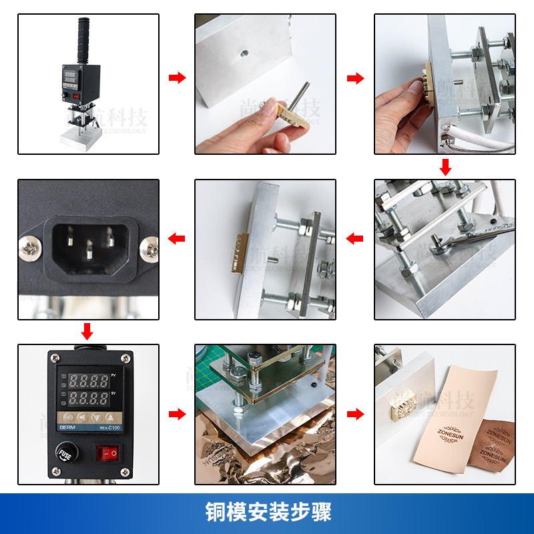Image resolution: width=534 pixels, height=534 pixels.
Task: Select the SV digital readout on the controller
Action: click(x=85, y=400)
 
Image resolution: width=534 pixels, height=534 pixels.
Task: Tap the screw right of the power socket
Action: click(x=148, y=250)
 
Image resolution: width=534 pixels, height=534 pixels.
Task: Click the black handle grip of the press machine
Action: click(x=83, y=40)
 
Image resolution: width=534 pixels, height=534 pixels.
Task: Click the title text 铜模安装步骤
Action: click(x=267, y=513)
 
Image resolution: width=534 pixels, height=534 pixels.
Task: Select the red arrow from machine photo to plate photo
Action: click(x=177, y=78)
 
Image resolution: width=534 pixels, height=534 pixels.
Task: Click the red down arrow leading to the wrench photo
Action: click(x=445, y=167)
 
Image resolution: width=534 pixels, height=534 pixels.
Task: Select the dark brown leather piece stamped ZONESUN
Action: click(x=497, y=444)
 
